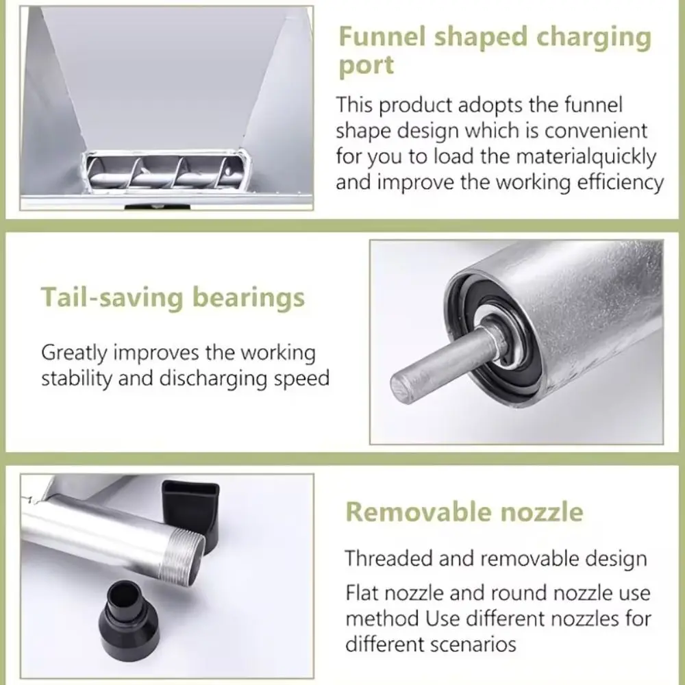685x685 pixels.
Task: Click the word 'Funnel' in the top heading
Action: pos(382,36)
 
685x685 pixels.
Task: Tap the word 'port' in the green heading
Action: pos(366,66)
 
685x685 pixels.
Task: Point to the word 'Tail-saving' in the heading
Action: pos(112,297)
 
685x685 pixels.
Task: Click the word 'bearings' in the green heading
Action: pos(249,297)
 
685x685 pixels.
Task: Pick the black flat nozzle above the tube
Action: pos(190,510)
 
